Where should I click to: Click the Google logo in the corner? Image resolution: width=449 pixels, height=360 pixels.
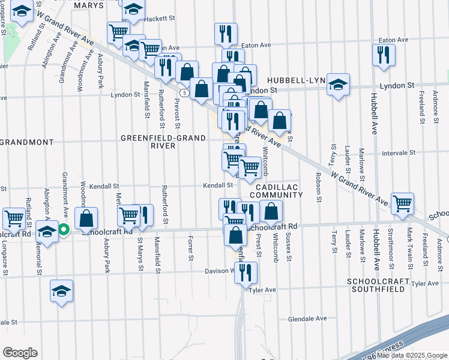tap(20, 353)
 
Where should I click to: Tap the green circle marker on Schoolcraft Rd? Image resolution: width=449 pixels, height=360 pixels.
tap(63, 229)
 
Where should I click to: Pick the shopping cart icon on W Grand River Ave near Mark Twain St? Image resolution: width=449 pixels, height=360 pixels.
tap(402, 202)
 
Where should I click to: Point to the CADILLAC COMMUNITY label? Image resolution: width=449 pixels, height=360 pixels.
tap(276, 191)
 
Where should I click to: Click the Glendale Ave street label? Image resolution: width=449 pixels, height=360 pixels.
tap(307, 319)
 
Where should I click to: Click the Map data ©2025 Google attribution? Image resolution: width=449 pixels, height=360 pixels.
tap(412, 355)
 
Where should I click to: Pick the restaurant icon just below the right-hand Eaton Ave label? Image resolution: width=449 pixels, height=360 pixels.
tap(383, 55)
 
